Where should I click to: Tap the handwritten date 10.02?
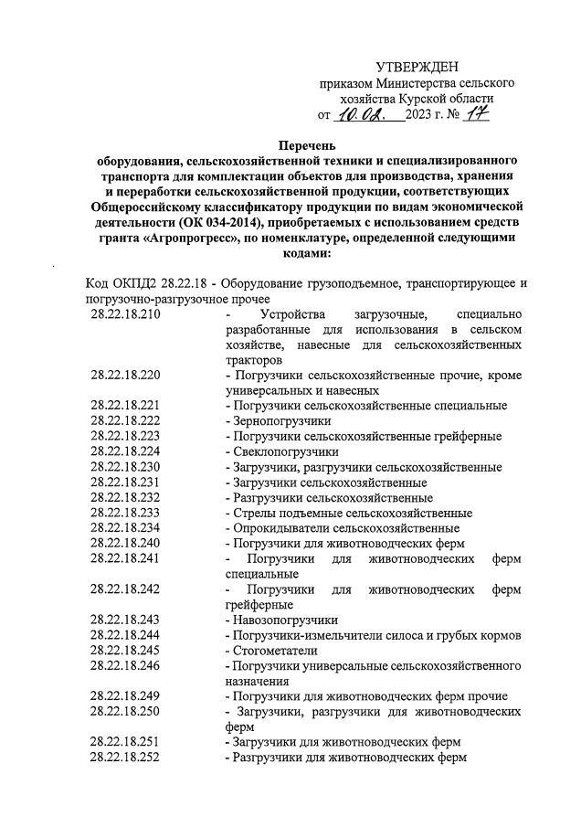point(362,115)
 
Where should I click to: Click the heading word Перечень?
point(308,144)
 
